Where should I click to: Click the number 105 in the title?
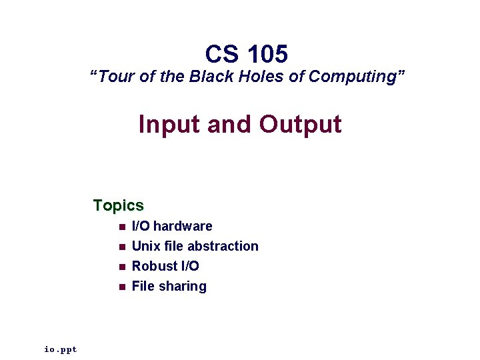pos(267,53)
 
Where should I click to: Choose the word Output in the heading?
pos(300,124)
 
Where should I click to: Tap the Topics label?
pos(119,205)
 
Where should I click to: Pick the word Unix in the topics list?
pos(146,246)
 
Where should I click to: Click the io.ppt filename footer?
pos(61,349)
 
